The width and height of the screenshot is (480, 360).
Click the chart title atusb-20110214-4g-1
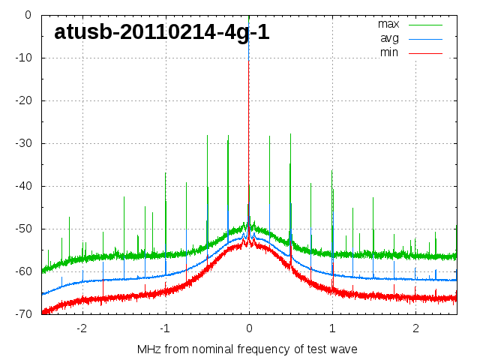click(162, 32)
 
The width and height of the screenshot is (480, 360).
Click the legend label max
click(388, 24)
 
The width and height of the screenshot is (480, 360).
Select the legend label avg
click(389, 38)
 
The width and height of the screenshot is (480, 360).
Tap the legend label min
click(389, 52)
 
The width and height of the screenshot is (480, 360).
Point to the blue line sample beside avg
click(426, 39)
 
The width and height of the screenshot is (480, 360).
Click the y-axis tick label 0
click(27, 15)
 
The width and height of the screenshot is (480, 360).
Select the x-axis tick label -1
click(164, 328)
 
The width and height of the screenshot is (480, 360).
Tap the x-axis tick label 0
click(249, 328)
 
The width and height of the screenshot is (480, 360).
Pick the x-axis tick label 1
click(332, 328)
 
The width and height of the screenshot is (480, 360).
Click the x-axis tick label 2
click(415, 328)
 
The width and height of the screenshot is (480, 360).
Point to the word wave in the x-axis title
click(343, 349)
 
